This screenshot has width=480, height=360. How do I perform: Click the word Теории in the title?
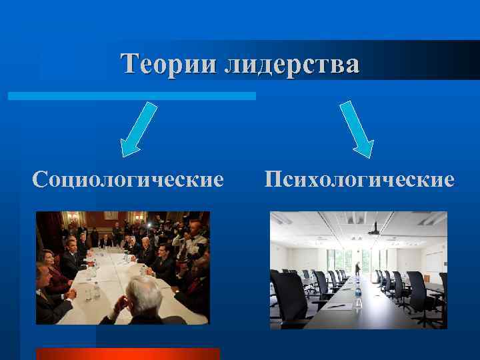pyautogui.click(x=169, y=64)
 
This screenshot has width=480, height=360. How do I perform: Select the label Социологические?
pyautogui.click(x=128, y=179)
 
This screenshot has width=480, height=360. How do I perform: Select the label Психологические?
pyautogui.click(x=359, y=179)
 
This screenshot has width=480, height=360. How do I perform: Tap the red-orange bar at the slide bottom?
pyautogui.click(x=127, y=353)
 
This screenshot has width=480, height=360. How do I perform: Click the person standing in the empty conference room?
pyautogui.click(x=357, y=268)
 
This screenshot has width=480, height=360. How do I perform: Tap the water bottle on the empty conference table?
pyautogui.click(x=358, y=298)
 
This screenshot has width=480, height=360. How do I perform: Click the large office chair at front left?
pyautogui.click(x=289, y=300)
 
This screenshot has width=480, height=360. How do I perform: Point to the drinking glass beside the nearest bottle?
pyautogui.click(x=88, y=293)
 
